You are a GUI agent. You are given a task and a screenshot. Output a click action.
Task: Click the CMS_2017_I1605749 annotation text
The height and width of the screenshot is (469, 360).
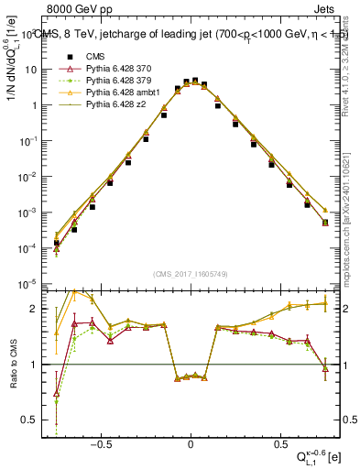(x=191, y=273)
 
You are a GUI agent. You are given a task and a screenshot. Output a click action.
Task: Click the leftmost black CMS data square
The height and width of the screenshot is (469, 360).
(x=56, y=243)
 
